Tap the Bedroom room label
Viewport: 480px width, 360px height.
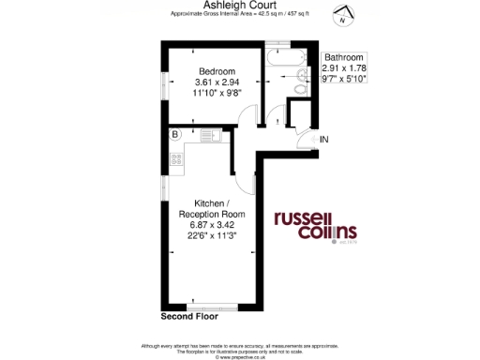click(216, 71)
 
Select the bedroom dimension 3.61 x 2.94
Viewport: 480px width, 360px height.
click(216, 82)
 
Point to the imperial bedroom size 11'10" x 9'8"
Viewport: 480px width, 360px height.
click(216, 94)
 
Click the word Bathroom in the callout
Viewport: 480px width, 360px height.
click(344, 58)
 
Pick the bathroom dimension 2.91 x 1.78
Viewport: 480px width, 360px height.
click(344, 69)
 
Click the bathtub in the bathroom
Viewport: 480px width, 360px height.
click(280, 62)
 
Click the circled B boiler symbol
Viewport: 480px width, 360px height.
click(175, 135)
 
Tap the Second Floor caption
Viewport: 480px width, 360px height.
click(189, 318)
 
